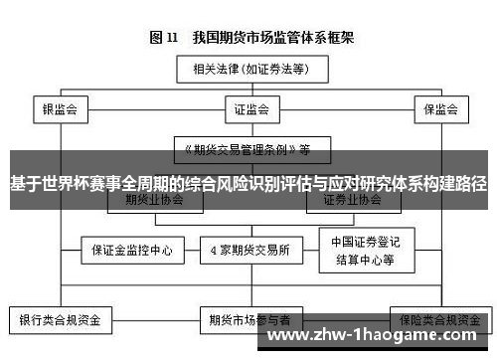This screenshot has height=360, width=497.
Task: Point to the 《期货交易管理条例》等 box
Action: coord(243,150)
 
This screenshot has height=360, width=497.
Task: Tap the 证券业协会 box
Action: coord(352,199)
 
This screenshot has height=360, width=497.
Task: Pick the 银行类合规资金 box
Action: coord(60,321)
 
